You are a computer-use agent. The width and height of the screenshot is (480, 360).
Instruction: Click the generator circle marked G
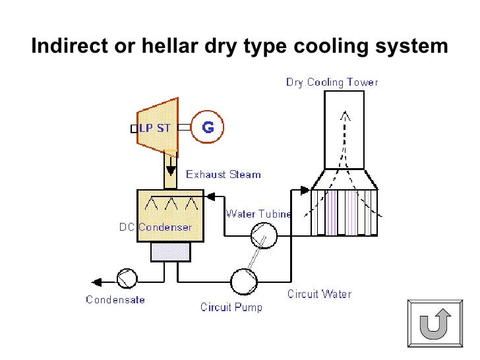(x=207, y=127)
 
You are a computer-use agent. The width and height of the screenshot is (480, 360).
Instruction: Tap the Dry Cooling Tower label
(x=332, y=82)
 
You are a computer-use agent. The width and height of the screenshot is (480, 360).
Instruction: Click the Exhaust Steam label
(x=224, y=175)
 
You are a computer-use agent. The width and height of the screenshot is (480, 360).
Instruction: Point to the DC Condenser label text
(x=156, y=227)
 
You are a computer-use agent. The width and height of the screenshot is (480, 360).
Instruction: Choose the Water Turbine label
(x=258, y=214)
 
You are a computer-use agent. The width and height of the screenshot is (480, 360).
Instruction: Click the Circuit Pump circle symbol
(x=243, y=282)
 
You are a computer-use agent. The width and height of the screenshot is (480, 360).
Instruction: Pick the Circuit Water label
(x=319, y=294)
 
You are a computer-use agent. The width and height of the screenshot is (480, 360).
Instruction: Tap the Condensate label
(x=115, y=300)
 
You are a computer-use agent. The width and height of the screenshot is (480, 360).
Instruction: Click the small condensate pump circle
(x=126, y=280)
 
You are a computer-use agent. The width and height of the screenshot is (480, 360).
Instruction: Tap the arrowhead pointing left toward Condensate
(x=96, y=282)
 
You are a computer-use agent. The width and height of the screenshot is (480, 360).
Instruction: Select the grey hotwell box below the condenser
(x=170, y=252)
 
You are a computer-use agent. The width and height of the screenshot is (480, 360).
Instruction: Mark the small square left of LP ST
(x=134, y=129)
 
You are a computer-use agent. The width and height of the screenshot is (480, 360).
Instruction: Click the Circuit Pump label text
(x=231, y=307)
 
